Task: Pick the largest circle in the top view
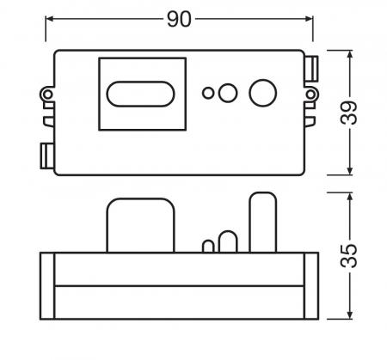click(262, 92)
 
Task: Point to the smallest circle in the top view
click(208, 93)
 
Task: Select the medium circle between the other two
click(228, 92)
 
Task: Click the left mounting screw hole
click(46, 93)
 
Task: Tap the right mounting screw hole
click(314, 93)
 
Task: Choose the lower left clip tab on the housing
click(46, 155)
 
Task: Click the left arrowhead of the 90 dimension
click(50, 18)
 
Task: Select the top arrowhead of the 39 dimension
click(350, 54)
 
